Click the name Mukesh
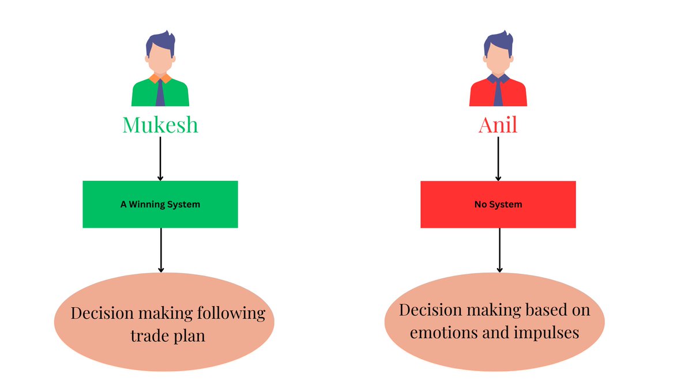pos(160,124)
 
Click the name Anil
pos(498,124)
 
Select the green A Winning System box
pos(160,204)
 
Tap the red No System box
pos(498,204)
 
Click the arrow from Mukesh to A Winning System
pos(160,158)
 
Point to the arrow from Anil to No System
pos(498,158)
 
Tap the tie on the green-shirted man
pos(160,92)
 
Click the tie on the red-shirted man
pos(498,92)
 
